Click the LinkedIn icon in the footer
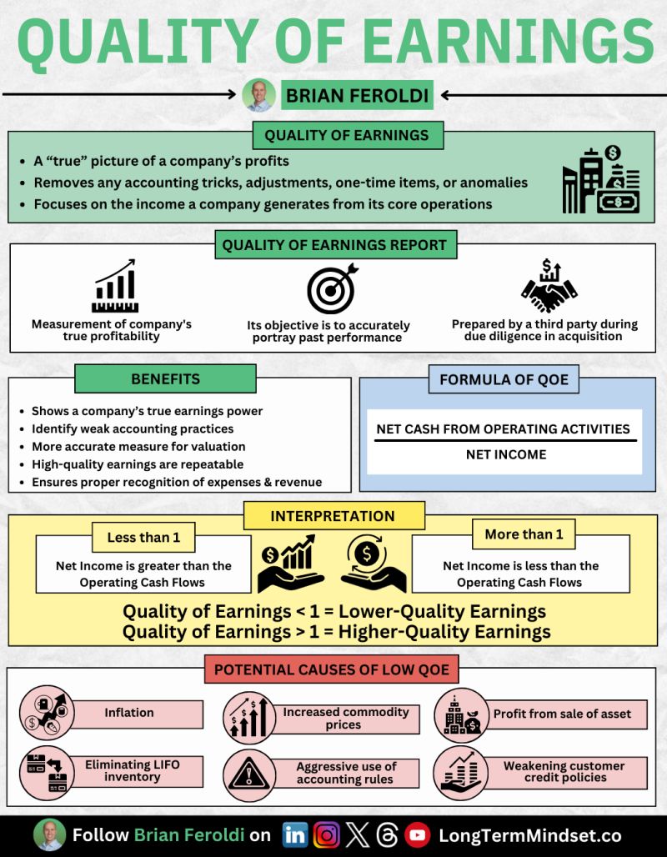pyautogui.click(x=295, y=834)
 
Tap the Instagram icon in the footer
pyautogui.click(x=327, y=834)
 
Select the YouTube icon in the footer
pyautogui.click(x=417, y=834)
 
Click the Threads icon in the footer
pyautogui.click(x=387, y=834)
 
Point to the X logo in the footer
pyautogui.click(x=357, y=834)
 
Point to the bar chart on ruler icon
pyautogui.click(x=114, y=287)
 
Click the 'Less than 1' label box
pyautogui.click(x=143, y=538)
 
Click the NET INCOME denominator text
pyautogui.click(x=506, y=454)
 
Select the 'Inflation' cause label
pyautogui.click(x=129, y=713)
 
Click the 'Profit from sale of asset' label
pyautogui.click(x=562, y=714)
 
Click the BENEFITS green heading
pyautogui.click(x=165, y=379)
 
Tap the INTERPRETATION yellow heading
pyautogui.click(x=333, y=516)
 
